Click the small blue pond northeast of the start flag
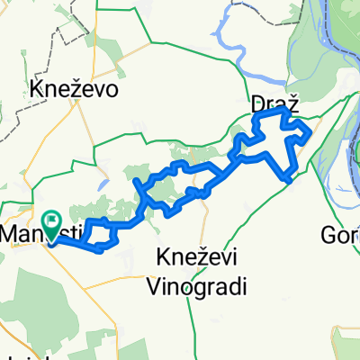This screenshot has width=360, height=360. click(105, 183)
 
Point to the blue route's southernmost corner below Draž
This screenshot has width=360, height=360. click(288, 179)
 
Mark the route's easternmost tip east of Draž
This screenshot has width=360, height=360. click(311, 132)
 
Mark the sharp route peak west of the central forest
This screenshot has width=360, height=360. click(136, 181)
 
